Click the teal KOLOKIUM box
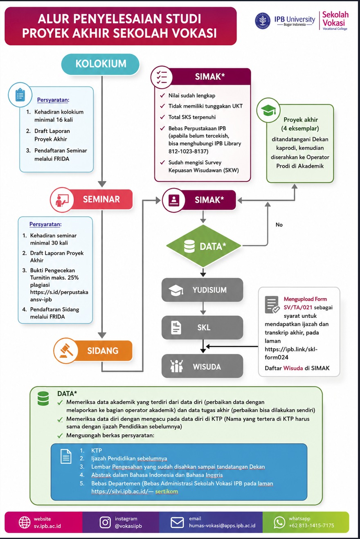coord(100,64)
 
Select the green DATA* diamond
coord(204,246)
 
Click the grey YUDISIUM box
coord(202,290)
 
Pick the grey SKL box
coord(202,327)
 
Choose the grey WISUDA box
coord(202,366)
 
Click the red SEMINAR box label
coord(101,199)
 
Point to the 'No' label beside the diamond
coord(279,225)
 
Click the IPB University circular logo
coord(263,21)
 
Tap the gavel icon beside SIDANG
coord(66,351)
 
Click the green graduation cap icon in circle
coord(268,110)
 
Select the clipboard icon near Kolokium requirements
coord(20,95)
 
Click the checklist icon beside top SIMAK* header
coord(162,78)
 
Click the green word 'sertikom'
coord(166,492)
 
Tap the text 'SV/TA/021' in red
coord(298,307)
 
